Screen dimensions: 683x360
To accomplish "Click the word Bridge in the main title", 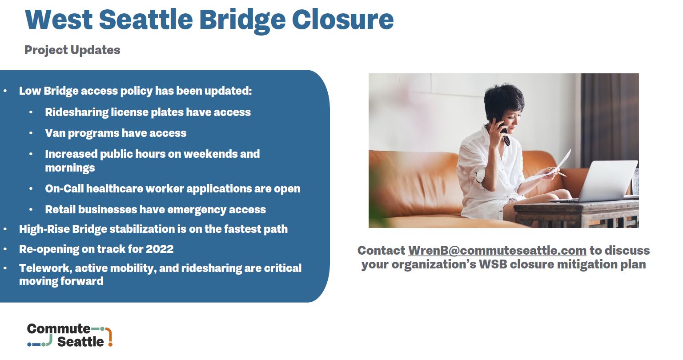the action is (x=242, y=21).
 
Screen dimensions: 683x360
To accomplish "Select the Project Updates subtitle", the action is (x=72, y=50).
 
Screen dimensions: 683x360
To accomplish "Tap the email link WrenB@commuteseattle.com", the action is (x=497, y=250).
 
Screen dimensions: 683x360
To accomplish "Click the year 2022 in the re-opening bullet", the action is (x=160, y=249).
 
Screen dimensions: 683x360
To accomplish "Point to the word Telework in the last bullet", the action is (x=45, y=268).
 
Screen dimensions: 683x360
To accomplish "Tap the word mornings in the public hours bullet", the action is (x=70, y=168).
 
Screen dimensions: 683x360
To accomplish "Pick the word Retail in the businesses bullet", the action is (x=60, y=210).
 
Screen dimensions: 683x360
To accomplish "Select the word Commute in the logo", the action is (x=59, y=329).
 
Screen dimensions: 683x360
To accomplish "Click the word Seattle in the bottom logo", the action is (x=80, y=342).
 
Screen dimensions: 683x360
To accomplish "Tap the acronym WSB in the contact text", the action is (x=493, y=264).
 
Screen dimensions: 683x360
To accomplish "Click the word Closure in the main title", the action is (x=343, y=20).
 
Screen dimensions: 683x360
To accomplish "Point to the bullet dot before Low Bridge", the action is (x=5, y=91).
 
